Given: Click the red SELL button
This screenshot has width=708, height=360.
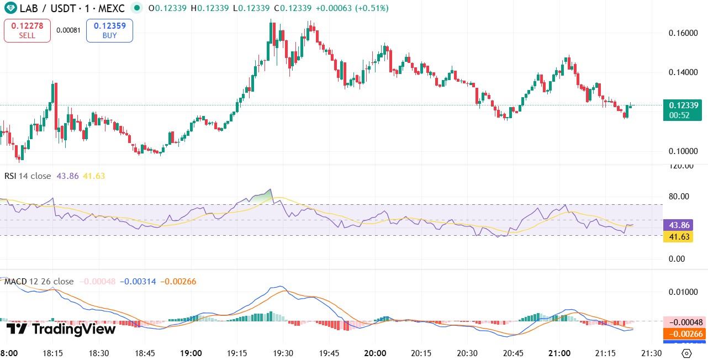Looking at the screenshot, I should (x=27, y=30).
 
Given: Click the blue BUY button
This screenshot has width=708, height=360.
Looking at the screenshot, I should (x=109, y=30).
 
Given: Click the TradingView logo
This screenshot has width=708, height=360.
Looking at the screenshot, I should (x=61, y=330).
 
